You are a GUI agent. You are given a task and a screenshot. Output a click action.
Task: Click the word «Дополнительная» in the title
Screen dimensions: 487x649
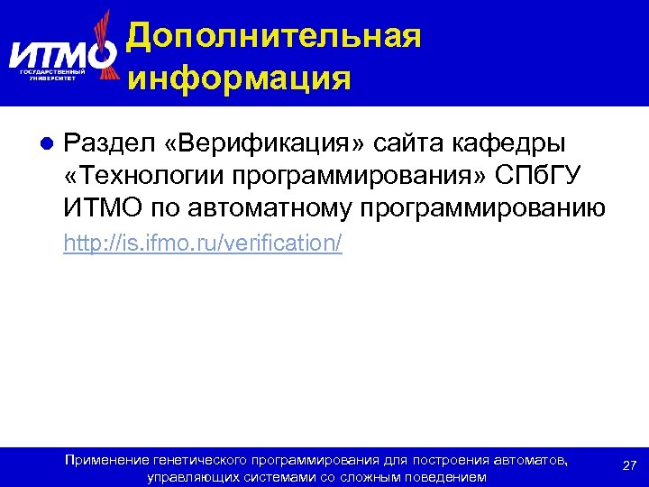click(x=273, y=36)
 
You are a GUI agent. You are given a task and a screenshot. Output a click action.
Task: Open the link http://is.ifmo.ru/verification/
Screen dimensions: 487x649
click(x=203, y=244)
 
